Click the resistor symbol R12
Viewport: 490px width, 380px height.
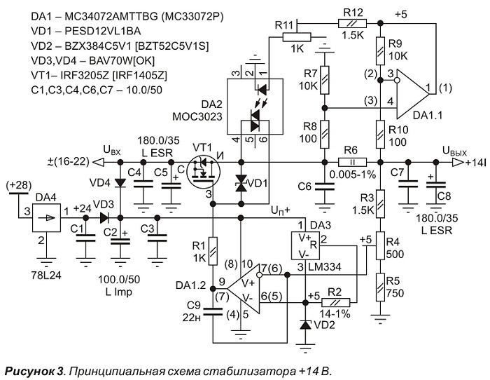(352, 23)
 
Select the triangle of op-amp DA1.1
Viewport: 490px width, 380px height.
(412, 94)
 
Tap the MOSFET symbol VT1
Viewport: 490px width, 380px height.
(203, 172)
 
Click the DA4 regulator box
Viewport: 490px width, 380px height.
(47, 218)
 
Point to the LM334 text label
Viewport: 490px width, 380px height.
(324, 267)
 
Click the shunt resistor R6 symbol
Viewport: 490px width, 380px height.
(352, 163)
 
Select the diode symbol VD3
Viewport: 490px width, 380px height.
(105, 218)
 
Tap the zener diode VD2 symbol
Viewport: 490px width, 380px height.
(305, 325)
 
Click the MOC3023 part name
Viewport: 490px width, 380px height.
(197, 117)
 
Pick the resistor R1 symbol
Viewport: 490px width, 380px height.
(213, 251)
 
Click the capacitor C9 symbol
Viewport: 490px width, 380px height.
(213, 312)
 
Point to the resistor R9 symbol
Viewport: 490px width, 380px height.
(380, 51)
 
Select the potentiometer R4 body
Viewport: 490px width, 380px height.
(380, 245)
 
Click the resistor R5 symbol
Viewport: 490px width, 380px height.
(380, 287)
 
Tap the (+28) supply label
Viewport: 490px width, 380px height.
(19, 185)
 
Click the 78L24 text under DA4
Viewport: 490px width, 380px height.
(46, 275)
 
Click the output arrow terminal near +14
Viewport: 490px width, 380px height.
(458, 163)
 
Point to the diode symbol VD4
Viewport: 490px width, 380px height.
(120, 182)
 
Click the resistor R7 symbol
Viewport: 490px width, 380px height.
(325, 80)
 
